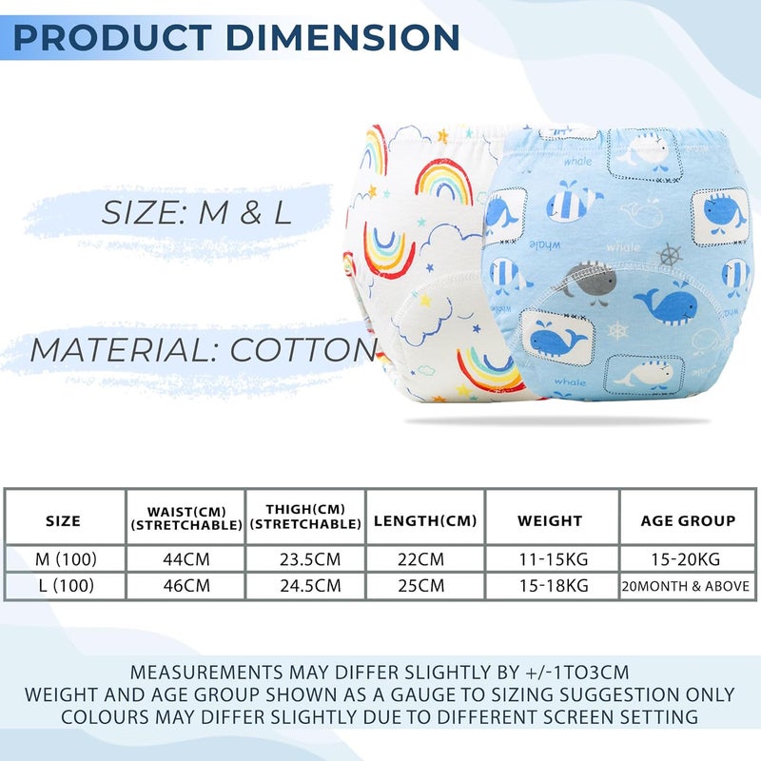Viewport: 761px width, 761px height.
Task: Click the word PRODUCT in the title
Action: pos(112,37)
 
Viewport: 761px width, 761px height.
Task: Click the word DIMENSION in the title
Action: pos(342,37)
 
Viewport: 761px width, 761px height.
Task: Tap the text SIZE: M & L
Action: pos(197,212)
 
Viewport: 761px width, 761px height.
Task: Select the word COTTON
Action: pos(303,349)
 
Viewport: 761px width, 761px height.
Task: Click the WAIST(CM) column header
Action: pos(186,518)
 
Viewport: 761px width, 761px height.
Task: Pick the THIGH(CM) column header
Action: pos(305,517)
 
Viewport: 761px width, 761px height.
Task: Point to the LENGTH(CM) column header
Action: pos(425,520)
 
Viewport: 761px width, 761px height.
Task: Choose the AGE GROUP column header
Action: pos(688,520)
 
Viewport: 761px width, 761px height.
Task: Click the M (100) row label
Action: pos(66,559)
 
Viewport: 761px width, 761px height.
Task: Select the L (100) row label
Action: pos(67,586)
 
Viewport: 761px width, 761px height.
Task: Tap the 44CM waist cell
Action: pos(186,559)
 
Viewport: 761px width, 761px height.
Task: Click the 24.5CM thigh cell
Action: pos(310,586)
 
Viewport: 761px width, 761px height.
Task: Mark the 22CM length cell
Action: pos(420,559)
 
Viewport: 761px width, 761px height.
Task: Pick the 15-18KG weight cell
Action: pos(554,586)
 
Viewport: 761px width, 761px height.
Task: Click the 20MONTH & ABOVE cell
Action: pos(686,586)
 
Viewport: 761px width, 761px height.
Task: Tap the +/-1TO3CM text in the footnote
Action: pos(577,673)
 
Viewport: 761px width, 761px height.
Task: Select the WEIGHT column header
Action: pos(550,520)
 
